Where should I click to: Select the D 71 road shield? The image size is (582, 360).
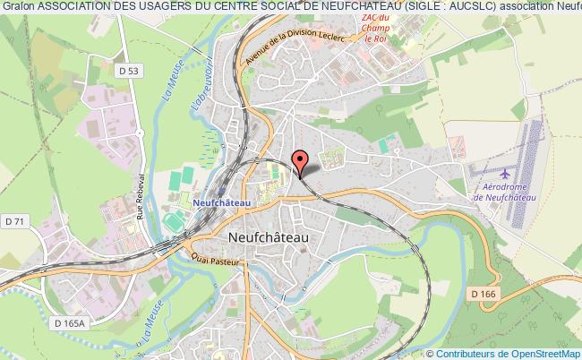coord(13,220)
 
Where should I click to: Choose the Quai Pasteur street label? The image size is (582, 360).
coord(203,256)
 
